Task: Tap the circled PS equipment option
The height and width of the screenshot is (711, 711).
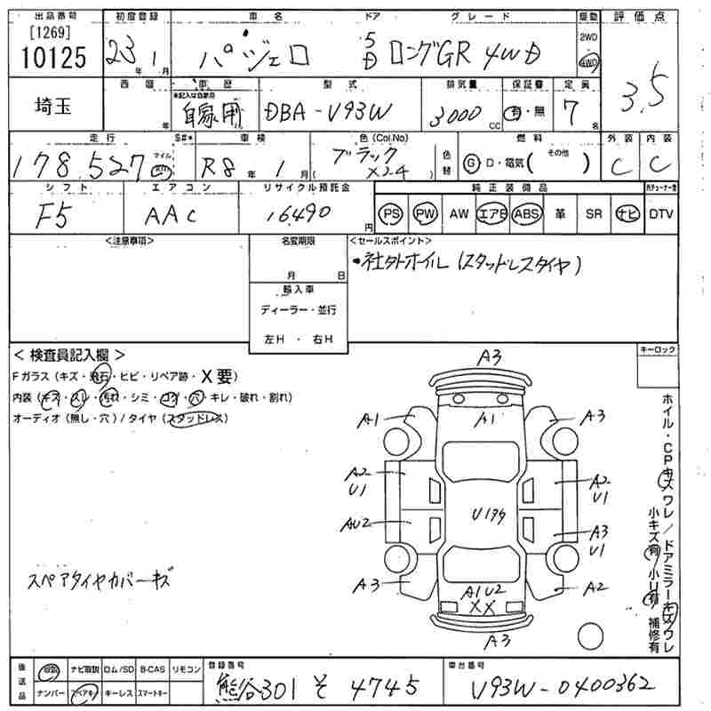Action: point(390,214)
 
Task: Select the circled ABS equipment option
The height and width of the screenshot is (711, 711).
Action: point(527,214)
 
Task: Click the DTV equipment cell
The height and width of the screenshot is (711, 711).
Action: point(660,214)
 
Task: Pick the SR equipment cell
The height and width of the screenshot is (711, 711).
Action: point(594,214)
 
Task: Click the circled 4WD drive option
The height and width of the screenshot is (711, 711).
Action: point(588,62)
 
